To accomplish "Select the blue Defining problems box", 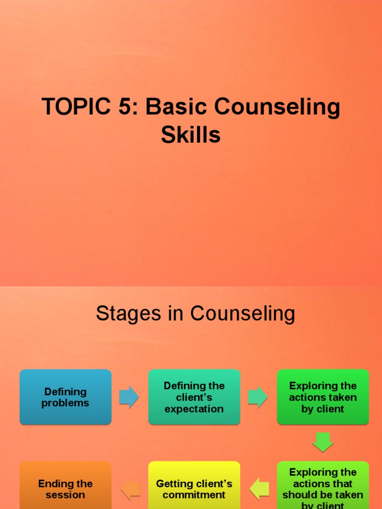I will (x=66, y=397).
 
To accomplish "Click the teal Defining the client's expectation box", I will (x=194, y=397).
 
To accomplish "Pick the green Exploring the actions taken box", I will (x=323, y=397).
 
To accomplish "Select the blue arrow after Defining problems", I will (x=129, y=397).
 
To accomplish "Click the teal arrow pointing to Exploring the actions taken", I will (x=258, y=397).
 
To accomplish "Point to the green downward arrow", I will (x=323, y=442).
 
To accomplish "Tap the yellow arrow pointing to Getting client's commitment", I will (x=259, y=489).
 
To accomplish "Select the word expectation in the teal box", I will (x=194, y=409).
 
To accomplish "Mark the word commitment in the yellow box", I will (x=194, y=495).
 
